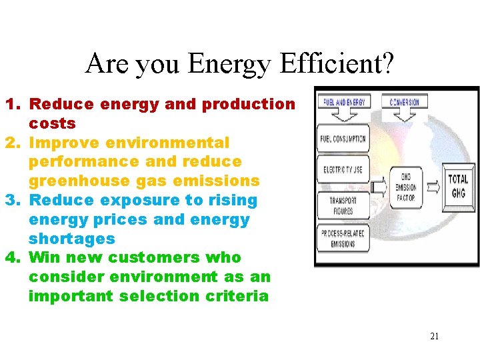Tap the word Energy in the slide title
click(229, 65)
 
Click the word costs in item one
click(52, 123)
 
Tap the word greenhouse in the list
click(74, 181)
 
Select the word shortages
click(71, 238)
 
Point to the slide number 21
click(434, 336)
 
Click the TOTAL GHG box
click(458, 184)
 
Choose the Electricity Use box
click(343, 169)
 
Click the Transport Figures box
click(343, 205)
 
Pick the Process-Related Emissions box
click(343, 239)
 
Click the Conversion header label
click(405, 102)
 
